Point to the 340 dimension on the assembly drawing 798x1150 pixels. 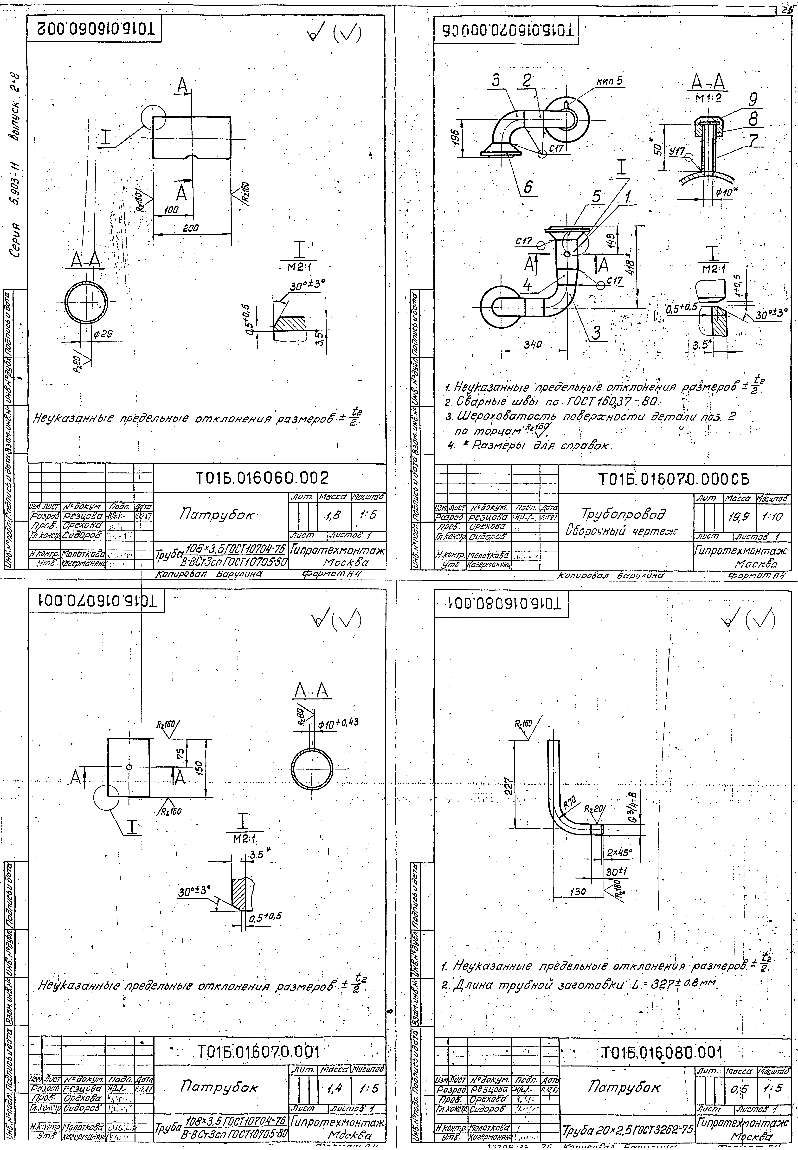pos(533,344)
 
